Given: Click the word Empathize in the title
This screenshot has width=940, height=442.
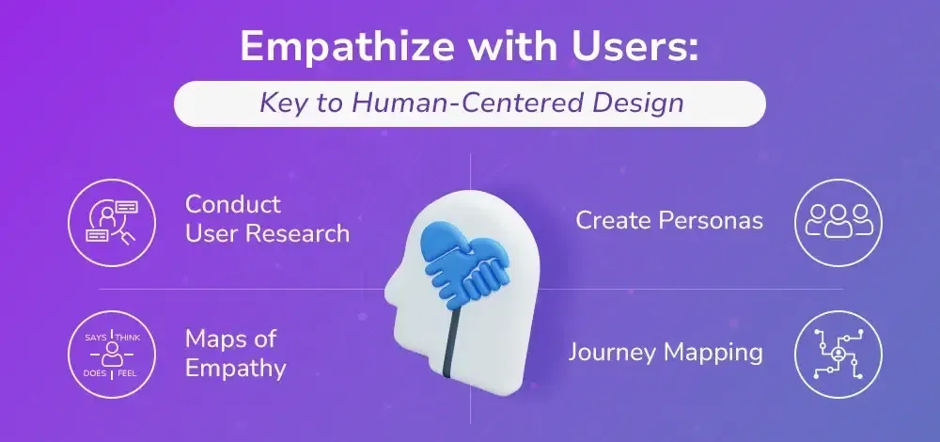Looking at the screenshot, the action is [348, 47].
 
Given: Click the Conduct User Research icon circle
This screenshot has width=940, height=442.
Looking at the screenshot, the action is [112, 223].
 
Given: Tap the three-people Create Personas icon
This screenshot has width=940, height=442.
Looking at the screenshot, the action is [838, 223].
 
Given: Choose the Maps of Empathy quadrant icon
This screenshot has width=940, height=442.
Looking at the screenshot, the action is [112, 355].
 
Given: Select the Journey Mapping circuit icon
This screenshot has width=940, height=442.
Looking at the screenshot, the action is [838, 354].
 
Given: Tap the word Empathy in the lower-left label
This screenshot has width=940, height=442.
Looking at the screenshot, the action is [235, 369].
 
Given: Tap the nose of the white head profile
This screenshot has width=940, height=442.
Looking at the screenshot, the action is [389, 282].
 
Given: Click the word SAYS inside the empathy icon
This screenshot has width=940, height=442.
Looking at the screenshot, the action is [95, 338].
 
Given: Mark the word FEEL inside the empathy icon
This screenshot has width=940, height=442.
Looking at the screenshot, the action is [127, 374].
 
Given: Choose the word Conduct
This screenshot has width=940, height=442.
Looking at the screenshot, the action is [232, 204].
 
